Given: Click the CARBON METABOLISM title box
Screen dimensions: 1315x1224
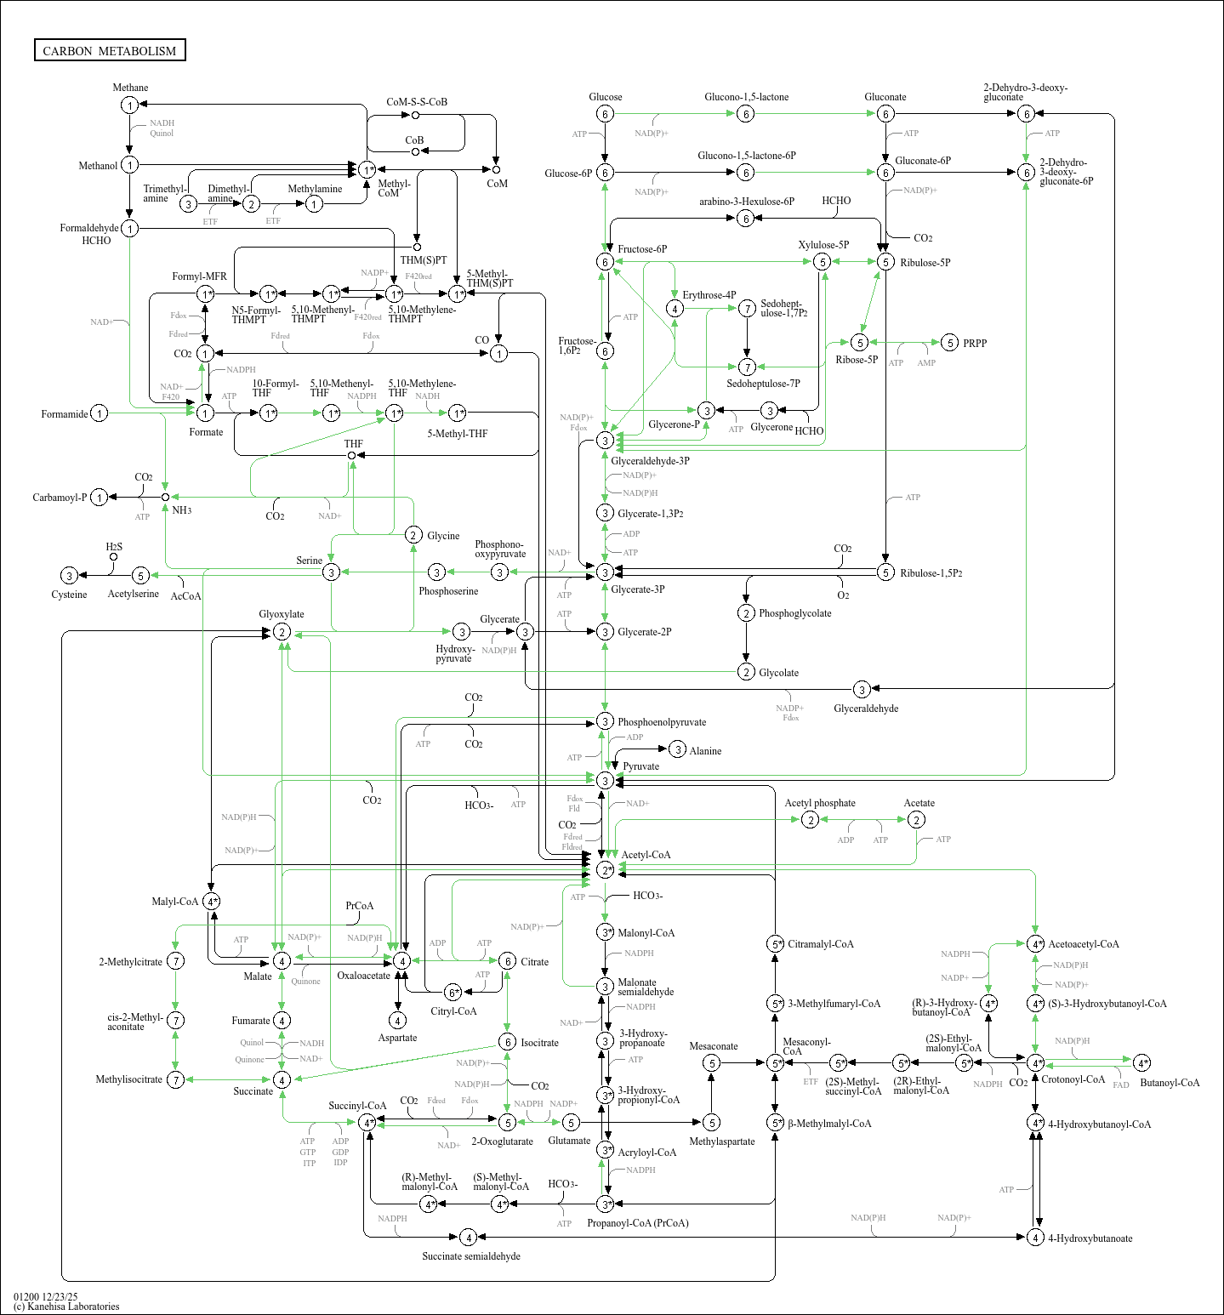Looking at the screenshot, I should coord(110,50).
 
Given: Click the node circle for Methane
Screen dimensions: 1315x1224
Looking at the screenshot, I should coord(129,105).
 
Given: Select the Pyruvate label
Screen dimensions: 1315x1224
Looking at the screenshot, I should coord(640,766).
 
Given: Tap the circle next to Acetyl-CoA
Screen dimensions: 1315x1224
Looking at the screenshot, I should coord(605,870).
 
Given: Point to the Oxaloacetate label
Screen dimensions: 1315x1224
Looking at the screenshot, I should coord(363,976).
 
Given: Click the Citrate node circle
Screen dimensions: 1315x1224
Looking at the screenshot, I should coord(507,961).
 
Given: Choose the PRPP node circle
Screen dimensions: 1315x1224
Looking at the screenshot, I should coord(950,343).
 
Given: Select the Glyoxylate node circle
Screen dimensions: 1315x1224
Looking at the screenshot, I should coord(282,632).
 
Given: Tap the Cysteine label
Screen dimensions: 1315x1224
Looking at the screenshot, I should coord(69,595).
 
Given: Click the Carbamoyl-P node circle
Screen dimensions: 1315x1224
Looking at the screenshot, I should coord(100,498).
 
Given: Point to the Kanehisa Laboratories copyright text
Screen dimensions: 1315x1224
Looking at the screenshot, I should coord(66,1306).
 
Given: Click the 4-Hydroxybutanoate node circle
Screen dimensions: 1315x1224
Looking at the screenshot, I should coord(1035,1238).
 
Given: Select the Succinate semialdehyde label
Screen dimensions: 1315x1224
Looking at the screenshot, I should coord(471,1256).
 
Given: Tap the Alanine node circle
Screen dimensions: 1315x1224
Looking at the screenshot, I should coord(677,749).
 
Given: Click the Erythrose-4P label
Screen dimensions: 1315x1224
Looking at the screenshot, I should coord(709,295).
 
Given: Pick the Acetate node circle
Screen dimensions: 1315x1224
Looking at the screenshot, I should coord(916,819).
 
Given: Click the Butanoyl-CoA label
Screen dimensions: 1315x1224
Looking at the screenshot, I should coord(1170,1083).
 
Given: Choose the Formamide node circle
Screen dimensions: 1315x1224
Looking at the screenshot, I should coord(100,413).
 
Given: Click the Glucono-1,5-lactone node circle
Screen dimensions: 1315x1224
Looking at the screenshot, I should coord(745,114).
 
